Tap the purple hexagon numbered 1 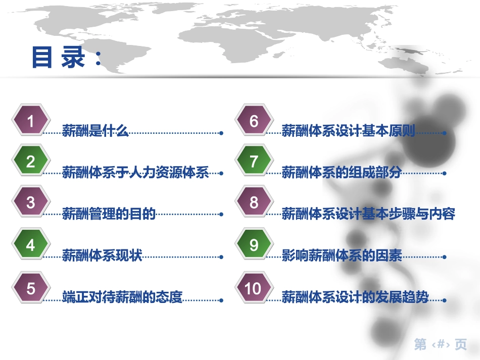[x=31, y=120]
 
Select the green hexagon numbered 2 [x=31, y=160]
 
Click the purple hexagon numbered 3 [x=31, y=201]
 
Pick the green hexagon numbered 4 [x=31, y=244]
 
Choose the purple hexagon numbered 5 [x=31, y=287]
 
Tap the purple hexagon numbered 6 [x=254, y=120]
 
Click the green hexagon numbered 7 [x=254, y=160]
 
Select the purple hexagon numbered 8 [x=254, y=201]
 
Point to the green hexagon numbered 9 [x=254, y=244]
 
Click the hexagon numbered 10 [x=254, y=287]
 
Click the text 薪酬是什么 [x=95, y=131]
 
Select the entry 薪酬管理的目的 [x=109, y=214]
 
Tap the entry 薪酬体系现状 [x=102, y=255]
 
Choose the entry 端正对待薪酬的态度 [x=122, y=297]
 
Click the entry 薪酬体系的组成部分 [x=342, y=172]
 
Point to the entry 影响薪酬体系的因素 [x=342, y=255]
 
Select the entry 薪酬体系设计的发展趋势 [x=355, y=297]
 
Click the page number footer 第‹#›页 [x=441, y=344]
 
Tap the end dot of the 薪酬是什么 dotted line [x=221, y=133]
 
